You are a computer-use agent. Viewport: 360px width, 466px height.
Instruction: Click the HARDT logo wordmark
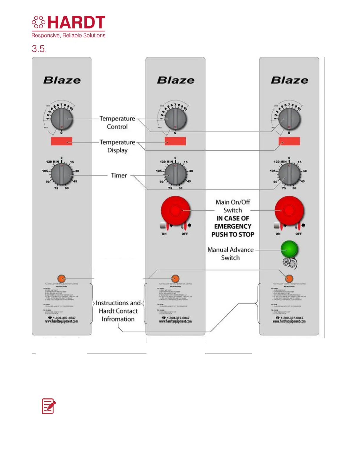(76, 23)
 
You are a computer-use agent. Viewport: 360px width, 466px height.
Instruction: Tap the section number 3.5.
(39, 49)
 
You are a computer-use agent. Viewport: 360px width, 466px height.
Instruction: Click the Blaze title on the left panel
(62, 80)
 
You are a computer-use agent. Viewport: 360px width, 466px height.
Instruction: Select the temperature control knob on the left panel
(61, 119)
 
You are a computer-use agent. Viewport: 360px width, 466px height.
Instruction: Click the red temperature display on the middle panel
(175, 141)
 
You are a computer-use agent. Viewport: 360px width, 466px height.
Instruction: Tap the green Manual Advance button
(289, 249)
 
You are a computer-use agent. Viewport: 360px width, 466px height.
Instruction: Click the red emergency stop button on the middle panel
(175, 211)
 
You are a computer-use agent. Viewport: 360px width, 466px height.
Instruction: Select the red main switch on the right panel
(289, 211)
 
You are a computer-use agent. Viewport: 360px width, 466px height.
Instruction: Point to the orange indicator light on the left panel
(61, 278)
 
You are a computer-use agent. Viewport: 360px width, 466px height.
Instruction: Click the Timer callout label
(119, 176)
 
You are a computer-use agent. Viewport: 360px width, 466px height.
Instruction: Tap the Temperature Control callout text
(117, 123)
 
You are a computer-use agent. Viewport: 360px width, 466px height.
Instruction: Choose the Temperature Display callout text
(117, 146)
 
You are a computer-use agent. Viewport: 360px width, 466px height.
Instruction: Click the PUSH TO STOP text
(233, 234)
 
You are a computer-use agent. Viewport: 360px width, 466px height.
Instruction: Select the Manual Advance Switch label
(231, 254)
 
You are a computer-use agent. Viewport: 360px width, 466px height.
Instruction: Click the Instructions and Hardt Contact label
(118, 311)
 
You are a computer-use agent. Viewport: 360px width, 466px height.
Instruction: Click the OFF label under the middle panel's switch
(185, 234)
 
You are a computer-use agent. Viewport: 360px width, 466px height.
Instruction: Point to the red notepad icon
(49, 406)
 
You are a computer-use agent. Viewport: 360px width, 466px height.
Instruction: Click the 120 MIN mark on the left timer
(52, 162)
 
